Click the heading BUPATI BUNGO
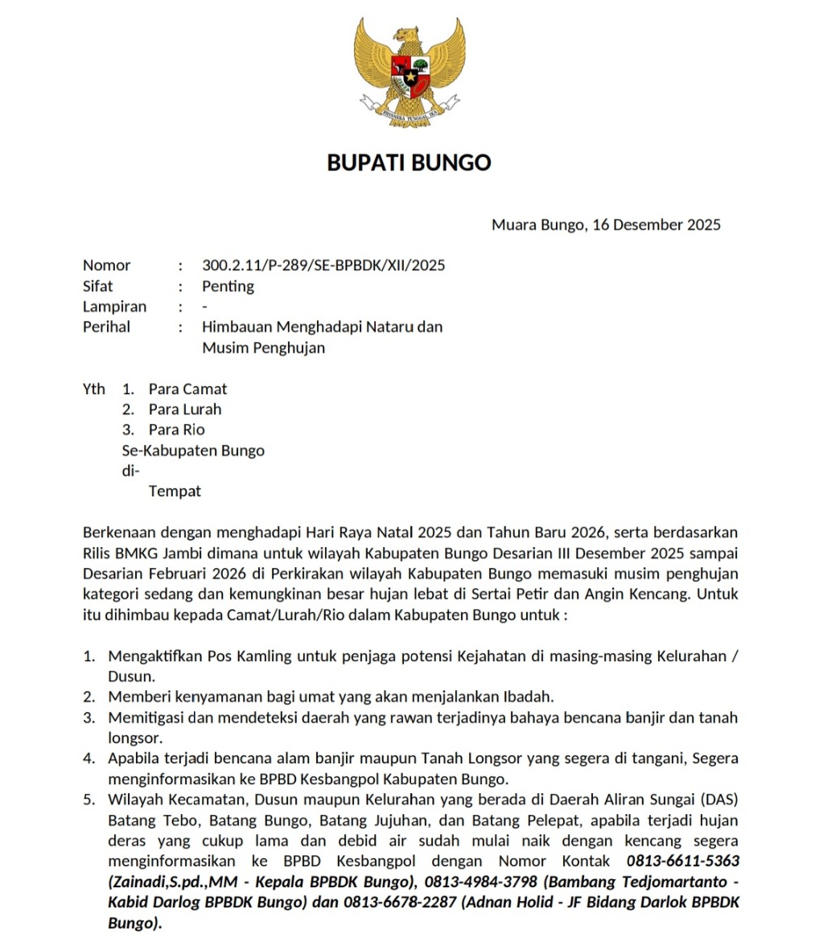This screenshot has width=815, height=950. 409,162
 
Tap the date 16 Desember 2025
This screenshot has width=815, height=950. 657,224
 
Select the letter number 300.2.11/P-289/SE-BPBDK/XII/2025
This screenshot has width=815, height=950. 323,265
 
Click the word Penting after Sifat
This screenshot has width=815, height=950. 228,286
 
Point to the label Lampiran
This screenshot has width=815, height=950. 114,306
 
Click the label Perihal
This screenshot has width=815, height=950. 106,327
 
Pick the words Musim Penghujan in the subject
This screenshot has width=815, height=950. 263,348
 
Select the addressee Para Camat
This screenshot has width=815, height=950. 187,389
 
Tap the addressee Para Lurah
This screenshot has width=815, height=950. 184,409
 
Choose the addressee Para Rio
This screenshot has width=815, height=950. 176,430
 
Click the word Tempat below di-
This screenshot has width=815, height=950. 175,491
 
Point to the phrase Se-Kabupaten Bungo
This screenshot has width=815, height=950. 193,450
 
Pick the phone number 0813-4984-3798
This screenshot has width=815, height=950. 481,882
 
